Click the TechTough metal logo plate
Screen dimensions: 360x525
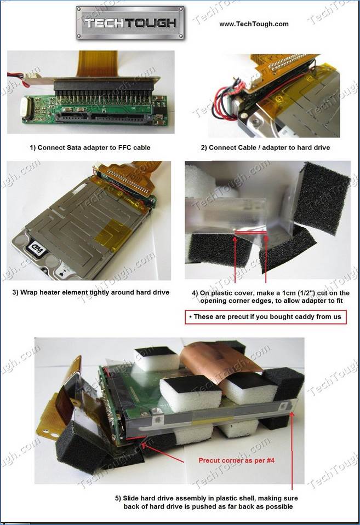pyautogui.click(x=130, y=23)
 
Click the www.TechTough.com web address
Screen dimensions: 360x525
pyautogui.click(x=254, y=24)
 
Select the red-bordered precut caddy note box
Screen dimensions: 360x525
pyautogui.click(x=265, y=317)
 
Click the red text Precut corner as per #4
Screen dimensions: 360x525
pyautogui.click(x=236, y=460)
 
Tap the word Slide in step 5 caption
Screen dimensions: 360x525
pyautogui.click(x=132, y=498)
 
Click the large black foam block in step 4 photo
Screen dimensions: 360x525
pyautogui.click(x=321, y=197)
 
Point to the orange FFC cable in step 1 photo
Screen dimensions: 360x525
pyautogui.click(x=96, y=64)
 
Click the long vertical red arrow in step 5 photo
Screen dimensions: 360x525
pyautogui.click(x=292, y=451)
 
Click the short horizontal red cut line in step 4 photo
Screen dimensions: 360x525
pyautogui.click(x=250, y=232)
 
